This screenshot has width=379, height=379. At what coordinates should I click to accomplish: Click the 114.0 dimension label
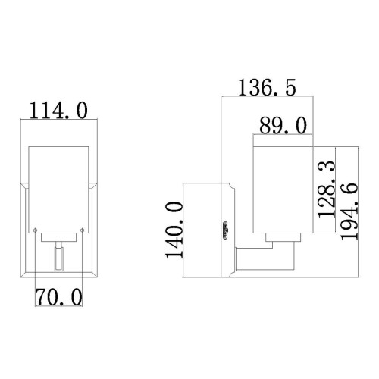[x=58, y=111]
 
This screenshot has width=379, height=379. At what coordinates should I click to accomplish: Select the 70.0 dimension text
[x=58, y=296]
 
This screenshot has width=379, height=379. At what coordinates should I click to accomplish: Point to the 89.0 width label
[x=282, y=124]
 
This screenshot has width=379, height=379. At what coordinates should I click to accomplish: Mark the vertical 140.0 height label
[x=174, y=230]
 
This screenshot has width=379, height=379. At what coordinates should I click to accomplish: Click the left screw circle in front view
[x=36, y=230]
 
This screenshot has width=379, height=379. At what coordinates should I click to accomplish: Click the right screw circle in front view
[x=80, y=230]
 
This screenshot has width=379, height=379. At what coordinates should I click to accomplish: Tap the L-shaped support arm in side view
[x=265, y=258]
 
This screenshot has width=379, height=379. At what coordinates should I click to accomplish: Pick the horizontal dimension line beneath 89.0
[x=282, y=137]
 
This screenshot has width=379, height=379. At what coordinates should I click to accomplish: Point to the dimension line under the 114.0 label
[x=58, y=121]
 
